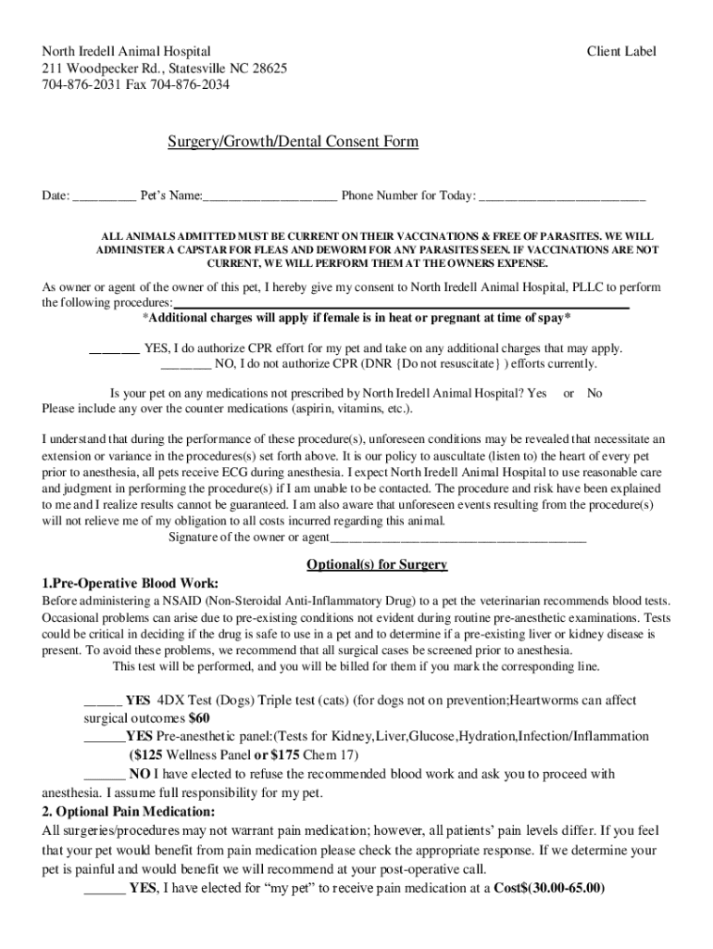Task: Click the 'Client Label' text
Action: click(621, 51)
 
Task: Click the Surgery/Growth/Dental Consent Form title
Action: click(293, 142)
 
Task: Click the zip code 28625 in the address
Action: click(269, 69)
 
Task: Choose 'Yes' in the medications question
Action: click(537, 393)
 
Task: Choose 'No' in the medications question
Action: click(594, 393)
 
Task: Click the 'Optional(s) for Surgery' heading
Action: click(377, 564)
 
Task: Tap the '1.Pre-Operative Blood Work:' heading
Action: click(131, 583)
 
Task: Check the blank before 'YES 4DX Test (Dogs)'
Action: click(102, 702)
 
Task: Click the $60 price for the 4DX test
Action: click(199, 718)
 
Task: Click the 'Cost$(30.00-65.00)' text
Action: click(549, 888)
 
